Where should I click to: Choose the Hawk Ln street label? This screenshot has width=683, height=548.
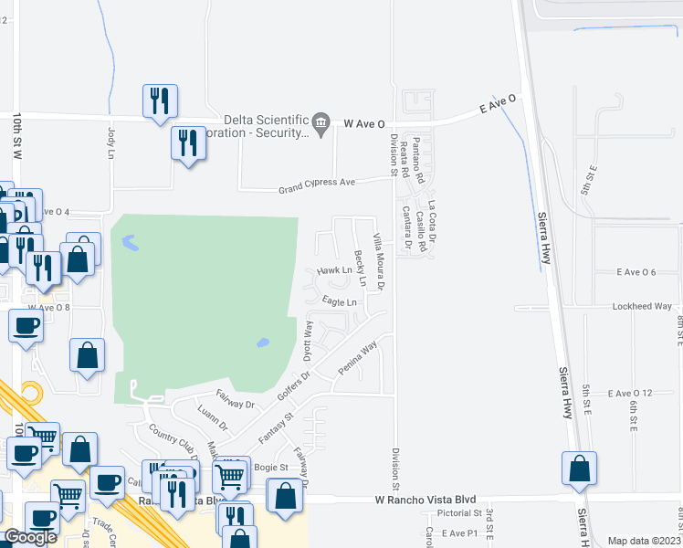coord(334,271)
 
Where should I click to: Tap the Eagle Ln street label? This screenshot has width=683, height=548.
coord(338,301)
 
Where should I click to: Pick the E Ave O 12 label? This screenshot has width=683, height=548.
coord(633,393)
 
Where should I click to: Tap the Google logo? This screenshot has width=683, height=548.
coord(30,537)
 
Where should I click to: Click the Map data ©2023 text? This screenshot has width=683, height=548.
coord(644,541)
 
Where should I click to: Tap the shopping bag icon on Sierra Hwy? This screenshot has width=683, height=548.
coord(579,469)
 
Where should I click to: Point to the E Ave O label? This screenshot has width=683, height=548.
coord(499,107)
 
